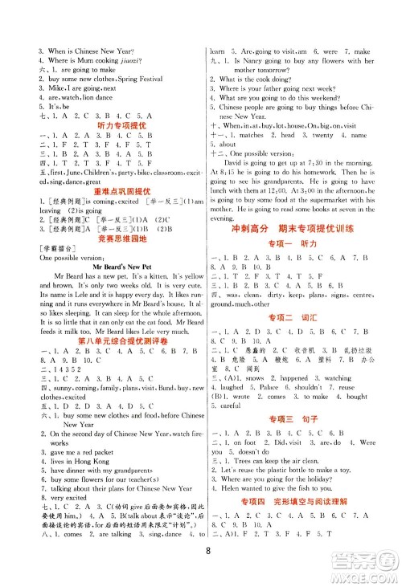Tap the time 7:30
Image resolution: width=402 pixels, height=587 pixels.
click(336, 161)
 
